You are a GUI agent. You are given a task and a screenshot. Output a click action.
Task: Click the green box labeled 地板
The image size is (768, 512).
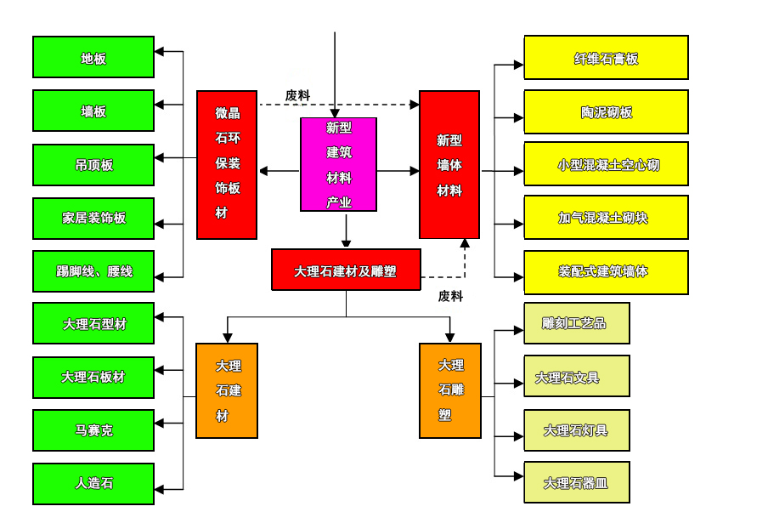coord(93,57)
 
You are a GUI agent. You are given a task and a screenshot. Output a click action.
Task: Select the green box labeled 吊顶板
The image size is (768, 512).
coord(93,165)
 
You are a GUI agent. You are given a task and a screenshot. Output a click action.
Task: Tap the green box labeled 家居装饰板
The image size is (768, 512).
coord(93,218)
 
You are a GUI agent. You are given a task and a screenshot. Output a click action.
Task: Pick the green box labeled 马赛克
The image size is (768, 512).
coord(93,430)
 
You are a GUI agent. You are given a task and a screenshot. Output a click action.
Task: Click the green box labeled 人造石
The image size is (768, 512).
coord(93,483)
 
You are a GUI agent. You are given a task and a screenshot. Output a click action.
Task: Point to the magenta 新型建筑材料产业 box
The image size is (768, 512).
coord(339,164)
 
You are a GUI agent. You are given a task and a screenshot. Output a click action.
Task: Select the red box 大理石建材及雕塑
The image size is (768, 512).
coord(346,270)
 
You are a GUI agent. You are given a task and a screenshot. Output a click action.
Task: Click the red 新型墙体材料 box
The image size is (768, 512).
coord(449,164)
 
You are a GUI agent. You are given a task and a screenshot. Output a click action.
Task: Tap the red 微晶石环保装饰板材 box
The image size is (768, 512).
coord(227,164)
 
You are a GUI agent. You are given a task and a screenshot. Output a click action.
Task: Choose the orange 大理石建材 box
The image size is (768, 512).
coord(227,390)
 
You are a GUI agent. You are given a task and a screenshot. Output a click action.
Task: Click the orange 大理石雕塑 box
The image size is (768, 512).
coord(450,390)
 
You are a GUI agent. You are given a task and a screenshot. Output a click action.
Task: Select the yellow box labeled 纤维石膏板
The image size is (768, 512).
coord(606,58)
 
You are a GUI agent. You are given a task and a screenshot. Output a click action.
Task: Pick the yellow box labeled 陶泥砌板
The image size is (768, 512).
coord(606,112)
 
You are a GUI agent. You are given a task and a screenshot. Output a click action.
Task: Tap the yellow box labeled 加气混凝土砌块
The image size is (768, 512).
coord(606,218)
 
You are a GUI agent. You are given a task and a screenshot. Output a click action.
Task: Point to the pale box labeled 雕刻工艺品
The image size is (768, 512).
coord(577,323)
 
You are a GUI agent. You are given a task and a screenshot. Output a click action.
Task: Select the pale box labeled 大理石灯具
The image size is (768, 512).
coord(577,430)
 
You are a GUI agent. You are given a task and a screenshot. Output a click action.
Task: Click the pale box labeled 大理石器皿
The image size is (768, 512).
coord(577,483)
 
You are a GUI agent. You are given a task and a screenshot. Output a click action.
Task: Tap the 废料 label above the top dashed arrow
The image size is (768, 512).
coord(297,95)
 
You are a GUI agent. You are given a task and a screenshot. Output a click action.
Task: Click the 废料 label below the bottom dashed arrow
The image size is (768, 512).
coord(450,297)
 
